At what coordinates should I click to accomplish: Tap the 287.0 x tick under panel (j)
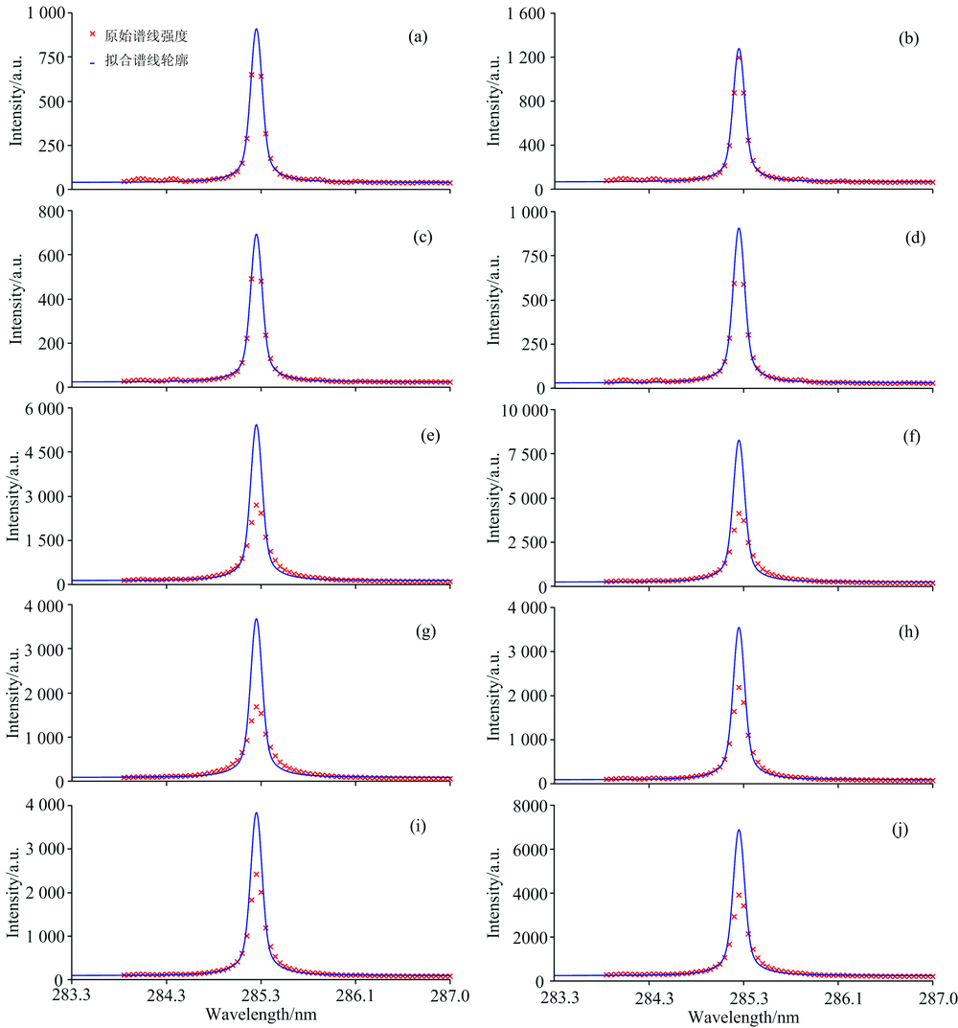pos(934,996)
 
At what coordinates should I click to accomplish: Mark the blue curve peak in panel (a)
pos(256,29)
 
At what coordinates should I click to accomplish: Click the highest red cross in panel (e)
pos(256,505)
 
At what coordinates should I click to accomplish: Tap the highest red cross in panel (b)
pos(739,57)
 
